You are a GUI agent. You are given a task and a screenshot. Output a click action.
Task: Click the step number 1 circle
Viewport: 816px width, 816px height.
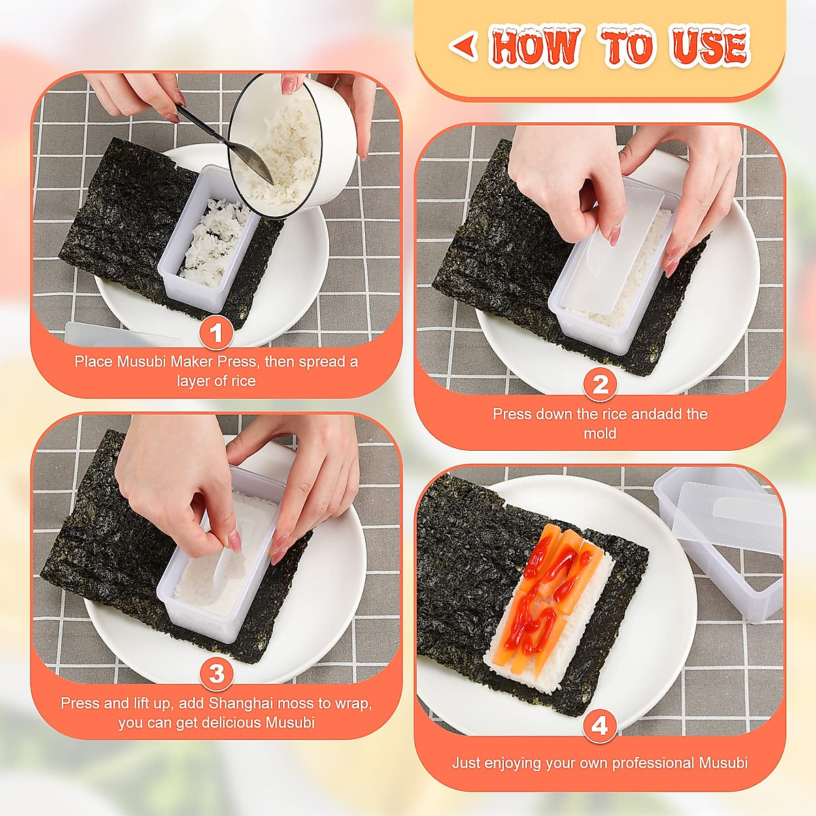pyautogui.click(x=216, y=333)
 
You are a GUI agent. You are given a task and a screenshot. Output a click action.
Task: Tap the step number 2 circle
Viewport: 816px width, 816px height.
pyautogui.click(x=600, y=385)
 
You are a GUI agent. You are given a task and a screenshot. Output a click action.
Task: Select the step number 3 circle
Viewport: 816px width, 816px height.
pyautogui.click(x=216, y=674)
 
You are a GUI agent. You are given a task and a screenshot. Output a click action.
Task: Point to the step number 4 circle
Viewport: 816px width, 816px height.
pyautogui.click(x=599, y=726)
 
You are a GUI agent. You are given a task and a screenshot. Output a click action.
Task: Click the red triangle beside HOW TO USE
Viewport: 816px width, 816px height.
pyautogui.click(x=464, y=46)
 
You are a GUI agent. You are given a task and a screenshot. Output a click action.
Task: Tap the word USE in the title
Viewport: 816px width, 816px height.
pyautogui.click(x=709, y=46)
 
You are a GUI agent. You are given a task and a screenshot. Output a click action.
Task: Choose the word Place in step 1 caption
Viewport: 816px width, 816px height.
pyautogui.click(x=92, y=361)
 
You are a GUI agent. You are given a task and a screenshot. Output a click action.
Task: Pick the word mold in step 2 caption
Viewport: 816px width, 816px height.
pyautogui.click(x=600, y=433)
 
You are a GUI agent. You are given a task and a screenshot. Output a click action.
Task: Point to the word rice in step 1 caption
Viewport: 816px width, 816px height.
pyautogui.click(x=242, y=381)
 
